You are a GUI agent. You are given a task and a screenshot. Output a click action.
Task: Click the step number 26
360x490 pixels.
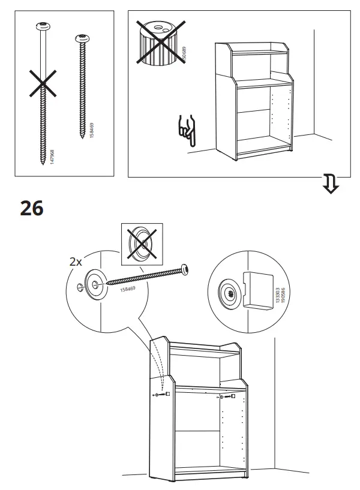pyautogui.click(x=31, y=208)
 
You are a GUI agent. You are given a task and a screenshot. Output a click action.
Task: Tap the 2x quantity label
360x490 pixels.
pyautogui.click(x=77, y=261)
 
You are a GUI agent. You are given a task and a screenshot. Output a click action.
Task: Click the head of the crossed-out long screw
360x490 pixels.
pyautogui.click(x=43, y=26)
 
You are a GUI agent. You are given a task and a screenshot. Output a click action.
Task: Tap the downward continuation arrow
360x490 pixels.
pyautogui.click(x=329, y=185)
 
